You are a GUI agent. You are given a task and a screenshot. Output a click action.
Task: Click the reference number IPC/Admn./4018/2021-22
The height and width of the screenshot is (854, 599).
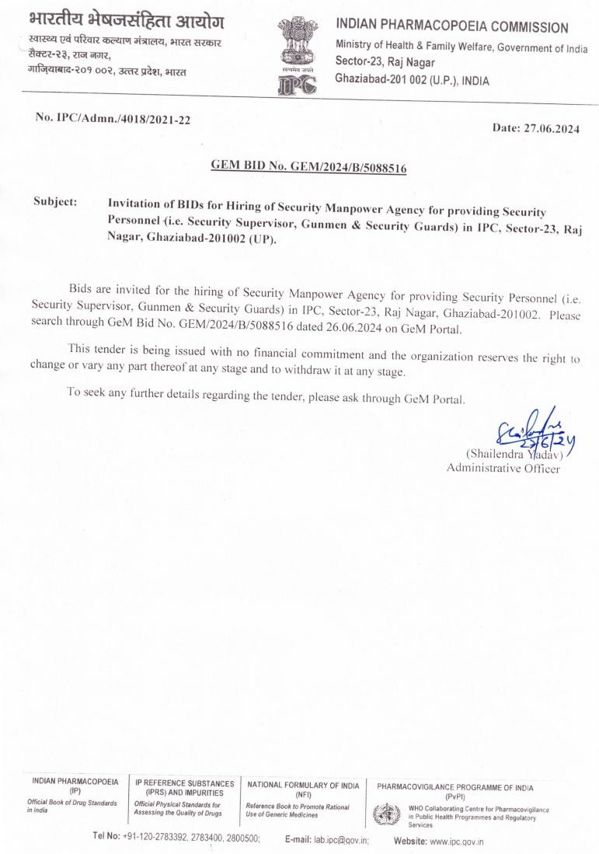(113, 120)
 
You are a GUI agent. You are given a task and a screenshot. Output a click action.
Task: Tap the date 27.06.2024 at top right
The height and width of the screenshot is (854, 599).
(536, 129)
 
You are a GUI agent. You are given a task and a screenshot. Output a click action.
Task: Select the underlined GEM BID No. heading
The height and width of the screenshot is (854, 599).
(309, 166)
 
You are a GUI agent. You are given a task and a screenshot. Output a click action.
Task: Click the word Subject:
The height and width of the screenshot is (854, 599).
(55, 202)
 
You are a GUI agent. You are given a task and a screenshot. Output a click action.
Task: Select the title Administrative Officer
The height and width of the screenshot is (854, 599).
(503, 468)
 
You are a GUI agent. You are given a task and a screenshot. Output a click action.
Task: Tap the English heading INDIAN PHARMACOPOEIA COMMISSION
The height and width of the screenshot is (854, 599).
(451, 28)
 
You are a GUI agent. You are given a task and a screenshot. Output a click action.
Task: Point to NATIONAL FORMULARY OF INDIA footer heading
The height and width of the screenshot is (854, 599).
(303, 785)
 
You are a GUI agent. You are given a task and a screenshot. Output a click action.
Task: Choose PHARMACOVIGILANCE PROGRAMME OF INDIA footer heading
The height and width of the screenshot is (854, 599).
(455, 787)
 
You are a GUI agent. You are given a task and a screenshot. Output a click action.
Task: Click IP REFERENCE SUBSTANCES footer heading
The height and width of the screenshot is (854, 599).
(184, 783)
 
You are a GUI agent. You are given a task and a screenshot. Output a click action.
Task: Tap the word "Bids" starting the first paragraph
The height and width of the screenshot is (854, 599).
(82, 288)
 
